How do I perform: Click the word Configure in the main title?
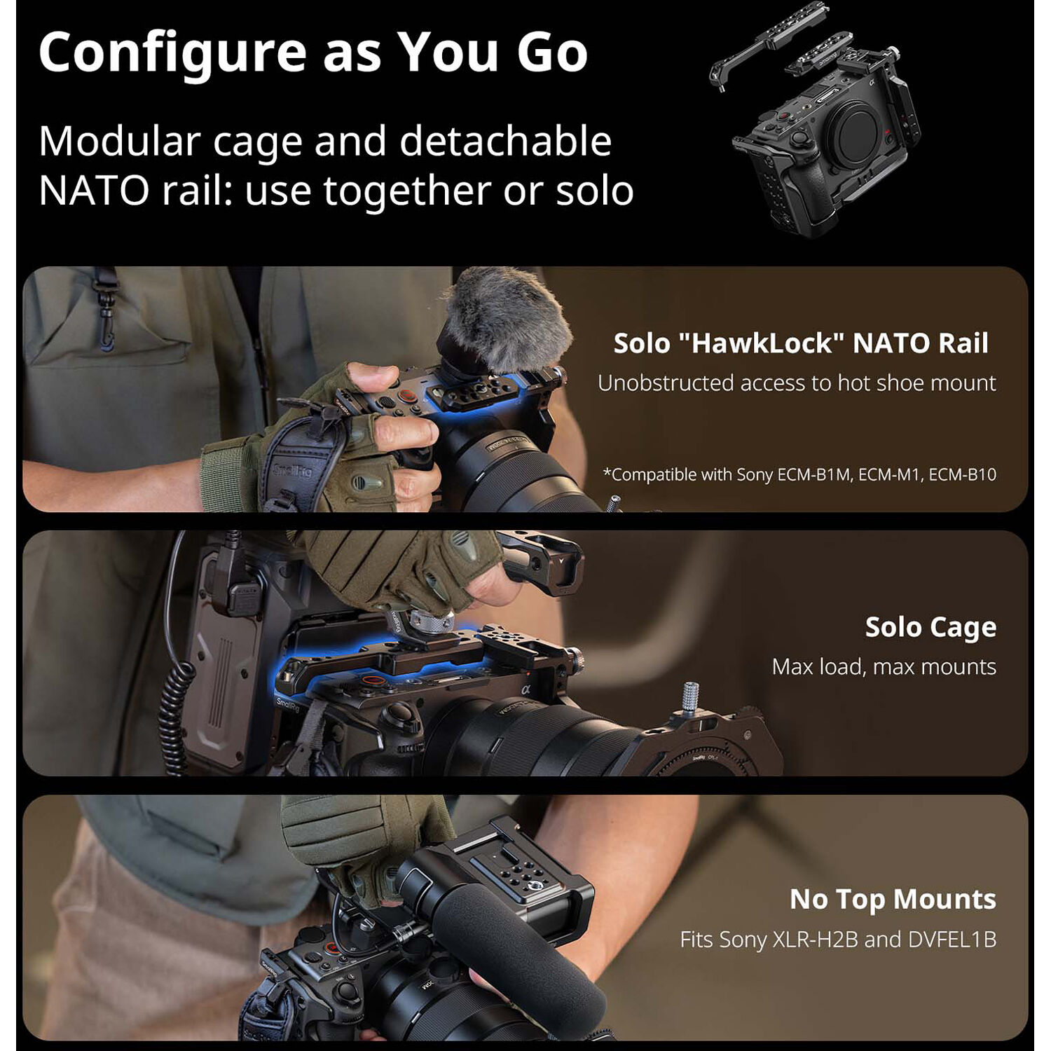[172, 53]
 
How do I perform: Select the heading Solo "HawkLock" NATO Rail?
[801, 343]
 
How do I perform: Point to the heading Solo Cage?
[930, 628]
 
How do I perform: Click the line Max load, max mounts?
[884, 666]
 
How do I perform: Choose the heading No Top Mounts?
[893, 899]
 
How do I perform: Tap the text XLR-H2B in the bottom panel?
[815, 939]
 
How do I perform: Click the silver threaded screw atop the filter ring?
[689, 697]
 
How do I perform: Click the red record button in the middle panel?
[373, 680]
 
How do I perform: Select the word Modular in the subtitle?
[120, 142]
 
